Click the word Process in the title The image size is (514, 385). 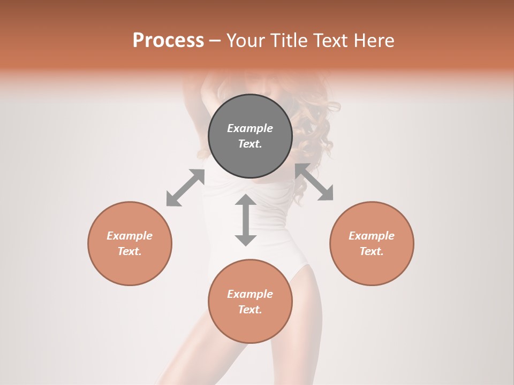pyautogui.click(x=168, y=41)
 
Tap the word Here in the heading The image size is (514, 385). pyautogui.click(x=373, y=41)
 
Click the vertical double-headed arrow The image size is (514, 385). pyautogui.click(x=246, y=220)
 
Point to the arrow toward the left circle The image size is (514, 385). pyautogui.click(x=185, y=188)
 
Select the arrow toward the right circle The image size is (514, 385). pyautogui.click(x=314, y=182)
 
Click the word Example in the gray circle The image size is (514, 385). pyautogui.click(x=250, y=128)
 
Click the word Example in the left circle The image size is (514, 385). pyautogui.click(x=130, y=236)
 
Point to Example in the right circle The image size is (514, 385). pyautogui.click(x=372, y=236)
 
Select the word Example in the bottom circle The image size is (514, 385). pyautogui.click(x=250, y=294)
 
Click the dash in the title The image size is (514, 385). pyautogui.click(x=215, y=41)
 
